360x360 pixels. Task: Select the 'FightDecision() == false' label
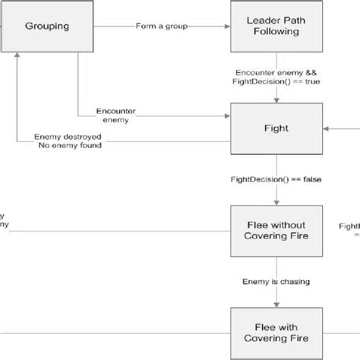pos(276,181)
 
